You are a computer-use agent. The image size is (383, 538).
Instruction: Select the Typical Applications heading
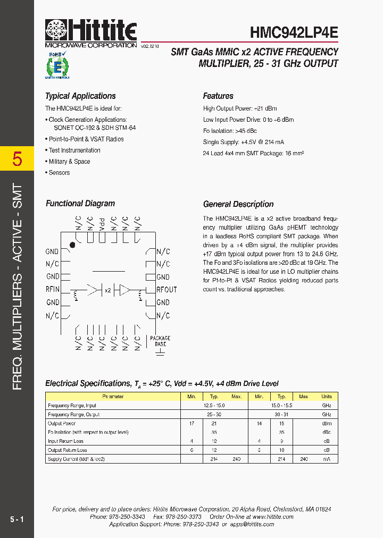click(x=80, y=96)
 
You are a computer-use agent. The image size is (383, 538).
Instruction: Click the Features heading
click(x=218, y=96)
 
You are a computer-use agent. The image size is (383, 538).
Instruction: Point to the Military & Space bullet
click(x=69, y=162)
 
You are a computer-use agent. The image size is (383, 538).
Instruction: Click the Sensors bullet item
click(x=59, y=173)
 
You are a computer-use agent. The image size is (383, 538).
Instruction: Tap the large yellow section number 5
click(x=17, y=159)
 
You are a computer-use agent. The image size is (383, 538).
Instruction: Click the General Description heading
click(x=238, y=204)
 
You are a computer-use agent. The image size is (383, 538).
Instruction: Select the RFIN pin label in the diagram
click(x=53, y=290)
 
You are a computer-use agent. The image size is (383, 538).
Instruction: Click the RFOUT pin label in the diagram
click(x=166, y=290)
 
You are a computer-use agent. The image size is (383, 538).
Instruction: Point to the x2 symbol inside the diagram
click(x=107, y=290)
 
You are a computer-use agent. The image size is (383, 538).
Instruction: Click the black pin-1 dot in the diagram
click(x=72, y=245)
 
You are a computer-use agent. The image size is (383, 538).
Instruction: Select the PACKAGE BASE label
click(x=160, y=341)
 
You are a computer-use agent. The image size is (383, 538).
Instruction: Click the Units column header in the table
click(x=326, y=397)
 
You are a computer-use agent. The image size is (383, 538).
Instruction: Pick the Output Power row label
click(x=62, y=424)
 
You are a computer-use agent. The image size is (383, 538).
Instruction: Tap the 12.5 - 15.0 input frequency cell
click(x=214, y=406)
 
